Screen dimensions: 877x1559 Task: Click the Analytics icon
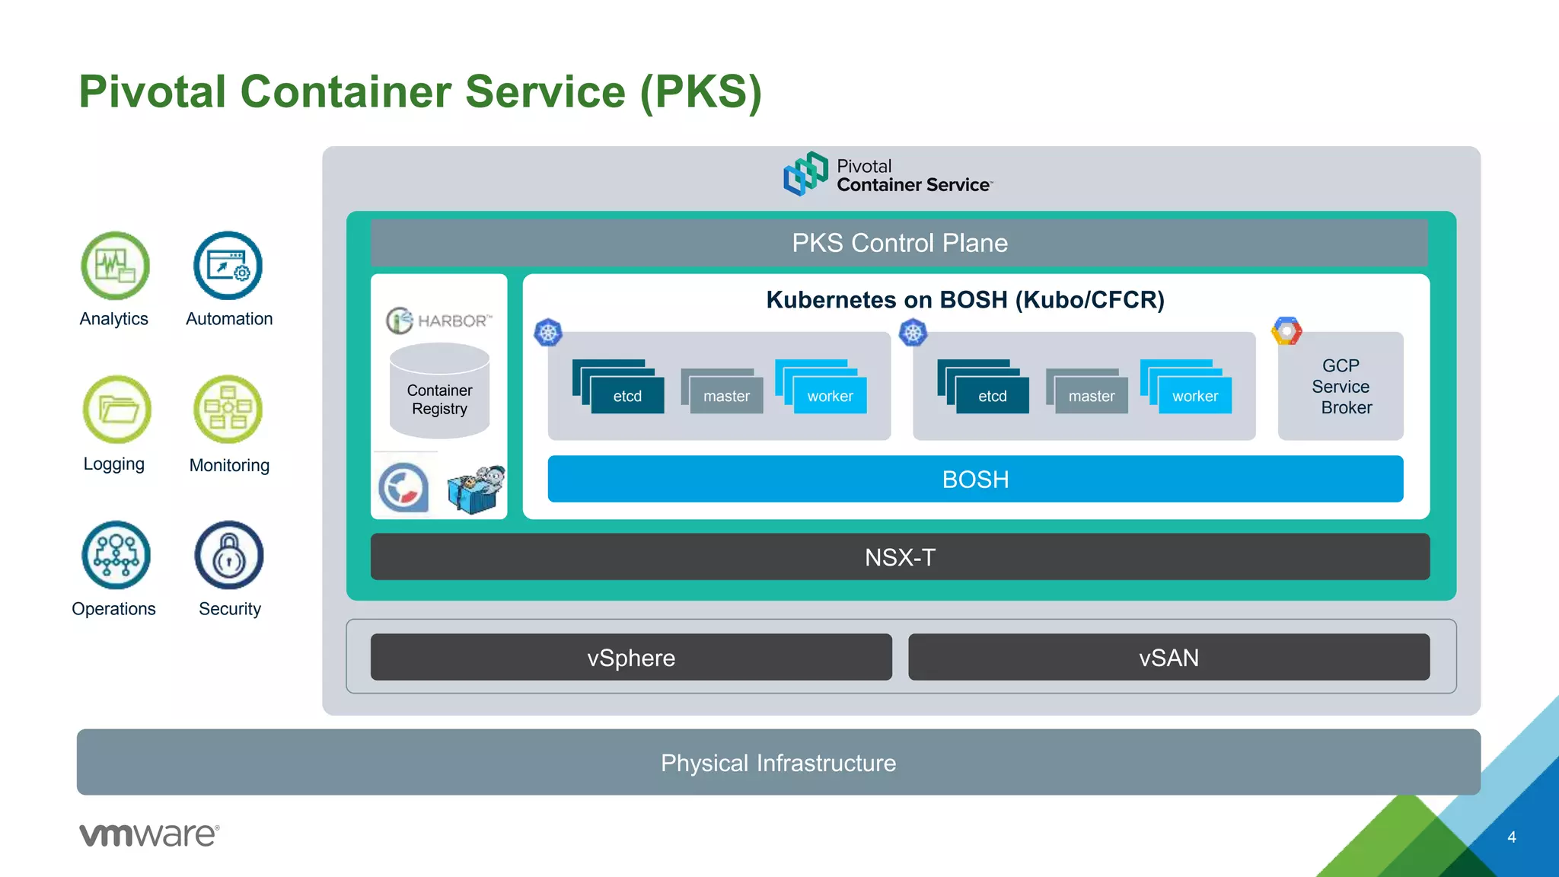coord(115,266)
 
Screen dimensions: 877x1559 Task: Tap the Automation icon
coord(228,266)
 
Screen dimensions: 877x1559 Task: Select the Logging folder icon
coord(116,410)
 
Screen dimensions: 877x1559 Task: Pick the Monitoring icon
coord(228,410)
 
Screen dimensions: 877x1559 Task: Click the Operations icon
coord(116,555)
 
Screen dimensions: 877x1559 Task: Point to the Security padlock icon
coord(228,555)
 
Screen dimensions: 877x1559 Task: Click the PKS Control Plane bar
coord(899,243)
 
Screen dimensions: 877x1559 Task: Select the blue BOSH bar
coord(975,479)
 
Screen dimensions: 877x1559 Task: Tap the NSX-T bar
coord(899,557)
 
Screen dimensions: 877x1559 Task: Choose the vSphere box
coord(631,657)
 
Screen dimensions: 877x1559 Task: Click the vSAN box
coord(1168,657)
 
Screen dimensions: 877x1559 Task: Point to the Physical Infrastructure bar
coord(778,762)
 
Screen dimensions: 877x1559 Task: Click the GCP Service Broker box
coord(1341,387)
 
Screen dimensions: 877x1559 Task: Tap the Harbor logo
coord(439,321)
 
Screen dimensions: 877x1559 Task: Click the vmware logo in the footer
coord(149,835)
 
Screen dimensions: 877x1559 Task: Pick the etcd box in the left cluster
coord(626,396)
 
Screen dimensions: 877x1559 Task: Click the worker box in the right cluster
coord(1194,396)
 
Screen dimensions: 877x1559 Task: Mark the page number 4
coord(1512,837)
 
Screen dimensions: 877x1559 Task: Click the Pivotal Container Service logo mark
coord(805,173)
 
